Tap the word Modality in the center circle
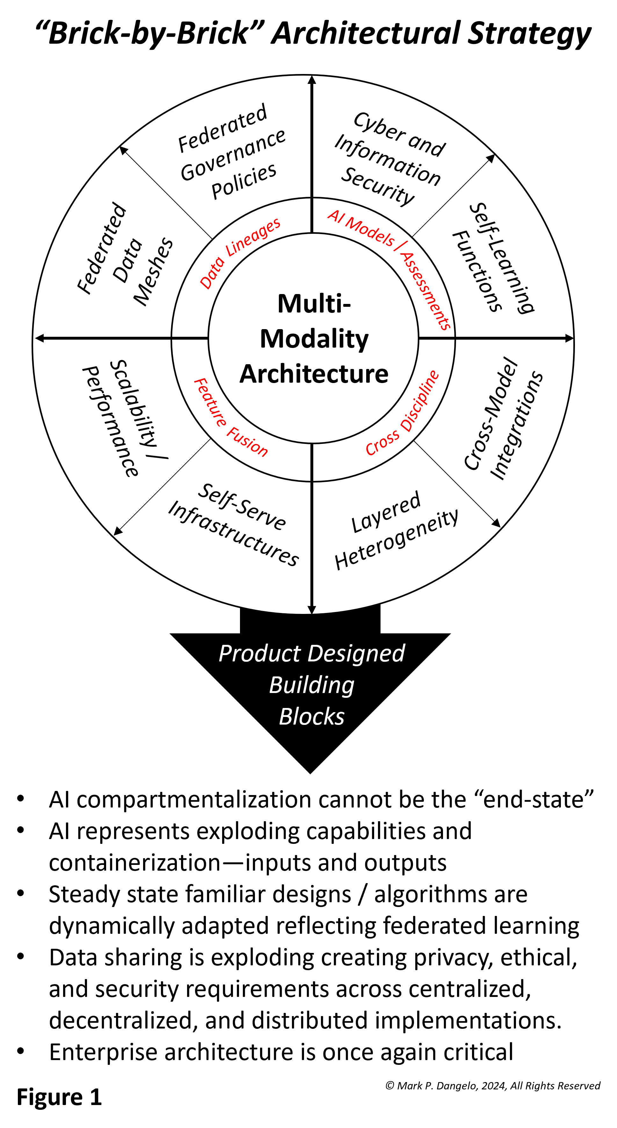[314, 339]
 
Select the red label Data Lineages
[240, 254]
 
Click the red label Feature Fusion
[230, 418]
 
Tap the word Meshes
[153, 271]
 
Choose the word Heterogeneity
[396, 540]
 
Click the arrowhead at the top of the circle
[312, 80]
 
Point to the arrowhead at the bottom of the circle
[312, 609]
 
